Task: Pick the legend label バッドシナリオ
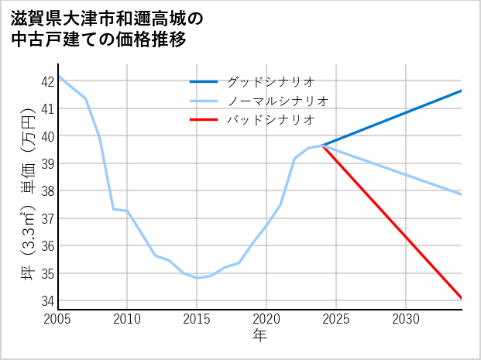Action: tap(270, 120)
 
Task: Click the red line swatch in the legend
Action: tap(204, 120)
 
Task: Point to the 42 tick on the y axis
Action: tap(47, 81)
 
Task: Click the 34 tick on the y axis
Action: tap(47, 300)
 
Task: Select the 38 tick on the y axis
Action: tap(47, 190)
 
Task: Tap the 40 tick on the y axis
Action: tap(47, 136)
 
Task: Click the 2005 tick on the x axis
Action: tap(58, 319)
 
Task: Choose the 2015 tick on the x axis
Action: tap(197, 319)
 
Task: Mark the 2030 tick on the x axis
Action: tap(406, 319)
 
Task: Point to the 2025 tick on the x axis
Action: tap(336, 319)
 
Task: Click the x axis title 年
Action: tap(259, 335)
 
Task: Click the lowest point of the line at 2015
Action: tap(197, 278)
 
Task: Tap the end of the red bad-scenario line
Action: tap(462, 298)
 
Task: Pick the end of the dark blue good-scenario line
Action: tap(462, 91)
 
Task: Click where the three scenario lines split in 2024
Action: tap(322, 145)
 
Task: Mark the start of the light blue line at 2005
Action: tap(58, 76)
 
